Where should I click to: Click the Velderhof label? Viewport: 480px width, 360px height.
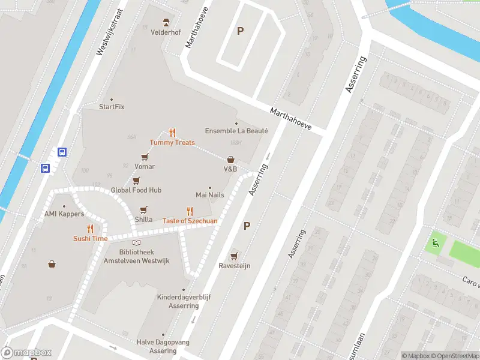click(x=166, y=32)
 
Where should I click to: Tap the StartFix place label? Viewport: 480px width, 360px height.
click(x=112, y=107)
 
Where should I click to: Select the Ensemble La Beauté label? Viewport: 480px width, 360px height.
click(x=236, y=131)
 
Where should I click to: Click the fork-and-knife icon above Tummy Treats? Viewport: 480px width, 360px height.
click(x=172, y=133)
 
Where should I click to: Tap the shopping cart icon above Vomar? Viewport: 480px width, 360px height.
click(x=145, y=157)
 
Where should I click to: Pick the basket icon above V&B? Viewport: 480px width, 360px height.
click(x=230, y=160)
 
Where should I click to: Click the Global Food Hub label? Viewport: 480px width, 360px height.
click(x=136, y=190)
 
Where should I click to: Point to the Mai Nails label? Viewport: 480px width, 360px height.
click(x=210, y=195)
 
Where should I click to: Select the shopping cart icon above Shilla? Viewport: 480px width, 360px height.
click(x=143, y=209)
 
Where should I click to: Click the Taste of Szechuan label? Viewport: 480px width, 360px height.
click(x=190, y=221)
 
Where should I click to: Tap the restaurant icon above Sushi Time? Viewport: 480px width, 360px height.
click(x=91, y=229)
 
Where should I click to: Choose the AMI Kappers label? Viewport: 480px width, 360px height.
click(x=64, y=214)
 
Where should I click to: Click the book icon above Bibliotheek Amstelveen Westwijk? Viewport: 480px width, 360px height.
click(x=137, y=242)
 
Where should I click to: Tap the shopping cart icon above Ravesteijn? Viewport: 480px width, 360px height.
click(x=234, y=256)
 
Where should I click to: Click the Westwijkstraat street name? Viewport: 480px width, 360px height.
click(x=109, y=32)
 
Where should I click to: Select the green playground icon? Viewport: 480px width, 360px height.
click(x=434, y=243)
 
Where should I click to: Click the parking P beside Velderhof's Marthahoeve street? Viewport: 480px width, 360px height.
click(x=240, y=31)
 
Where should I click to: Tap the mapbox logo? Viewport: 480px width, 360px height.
click(x=26, y=352)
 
